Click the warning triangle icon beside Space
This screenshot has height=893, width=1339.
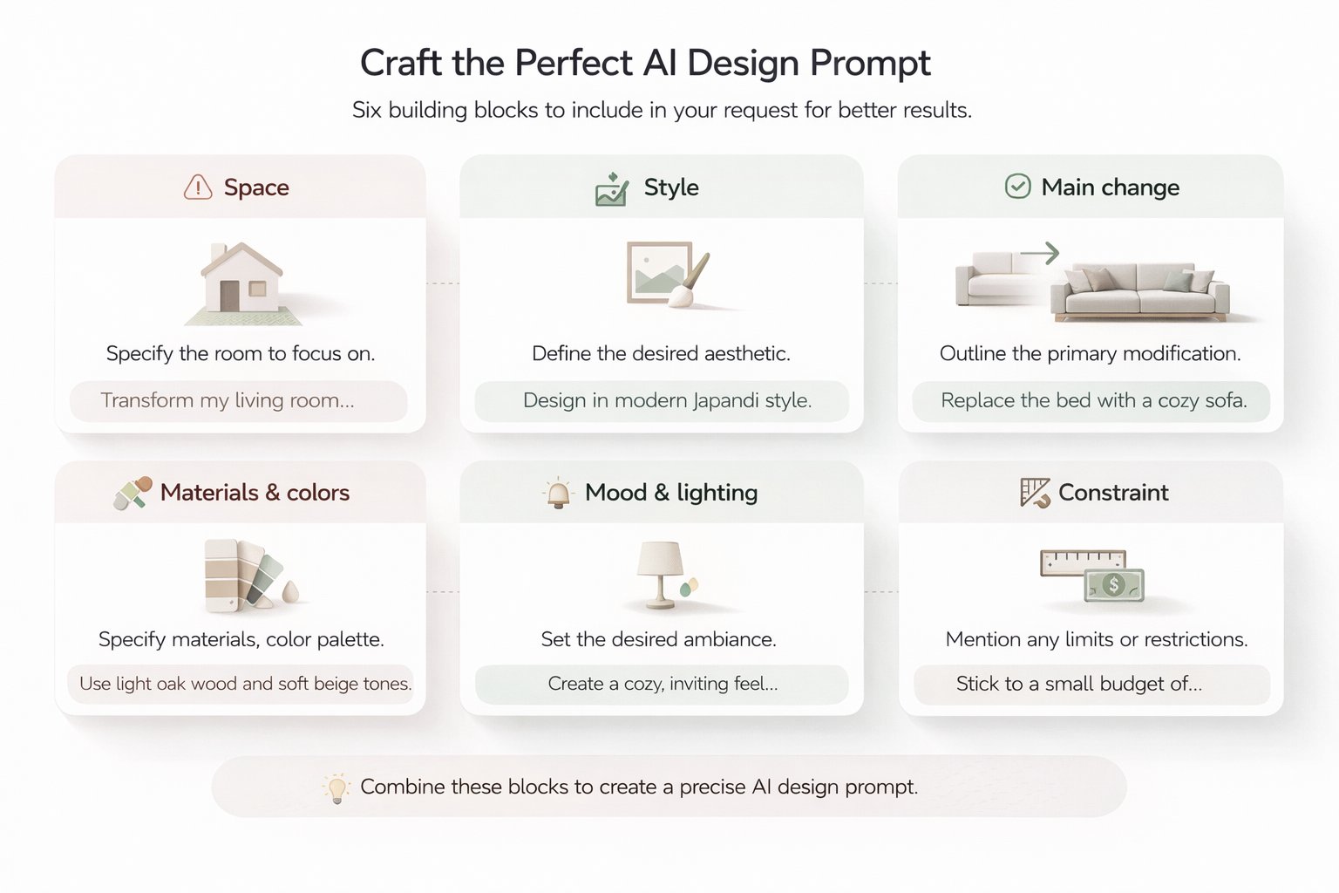point(198,187)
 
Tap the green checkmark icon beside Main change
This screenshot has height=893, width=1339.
point(1017,187)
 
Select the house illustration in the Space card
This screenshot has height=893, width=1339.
point(241,280)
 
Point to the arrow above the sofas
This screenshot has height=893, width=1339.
point(1039,253)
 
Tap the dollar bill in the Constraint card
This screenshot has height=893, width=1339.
point(1114,585)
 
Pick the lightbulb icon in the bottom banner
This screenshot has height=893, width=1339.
point(336,787)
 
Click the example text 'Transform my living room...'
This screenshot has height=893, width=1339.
point(228,400)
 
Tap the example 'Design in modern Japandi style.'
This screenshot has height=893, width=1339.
point(667,400)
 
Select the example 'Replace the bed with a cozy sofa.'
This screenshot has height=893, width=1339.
point(1093,400)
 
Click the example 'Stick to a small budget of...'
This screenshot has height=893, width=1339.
point(1078,684)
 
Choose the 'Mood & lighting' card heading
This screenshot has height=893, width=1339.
point(671,493)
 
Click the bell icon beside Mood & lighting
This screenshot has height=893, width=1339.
point(558,494)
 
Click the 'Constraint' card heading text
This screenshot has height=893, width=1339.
point(1113,493)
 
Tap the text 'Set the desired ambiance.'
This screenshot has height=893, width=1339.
point(658,639)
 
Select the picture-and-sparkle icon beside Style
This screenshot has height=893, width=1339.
point(612,189)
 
